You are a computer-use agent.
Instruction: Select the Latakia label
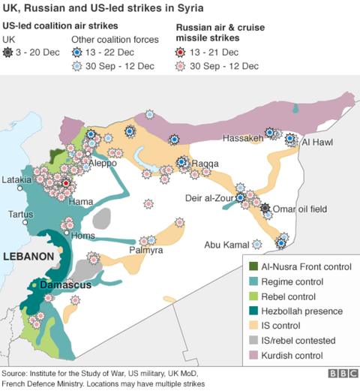pyautogui.click(x=17, y=180)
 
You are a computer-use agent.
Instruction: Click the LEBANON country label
pyautogui.click(x=28, y=256)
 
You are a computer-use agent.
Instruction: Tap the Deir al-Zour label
pyautogui.click(x=207, y=198)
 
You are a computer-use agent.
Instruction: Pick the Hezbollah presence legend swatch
pyautogui.click(x=253, y=311)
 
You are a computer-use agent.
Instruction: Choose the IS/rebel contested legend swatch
pyautogui.click(x=253, y=339)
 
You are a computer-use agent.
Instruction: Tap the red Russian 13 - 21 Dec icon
pyautogui.click(x=181, y=53)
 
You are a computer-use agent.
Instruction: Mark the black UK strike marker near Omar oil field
pyautogui.click(x=265, y=208)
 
